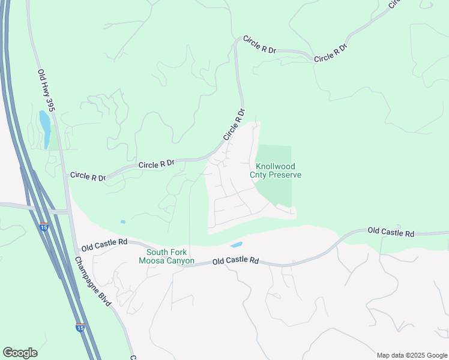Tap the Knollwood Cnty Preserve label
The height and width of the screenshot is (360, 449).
pyautogui.click(x=276, y=170)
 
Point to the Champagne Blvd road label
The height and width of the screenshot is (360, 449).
pyautogui.click(x=92, y=281)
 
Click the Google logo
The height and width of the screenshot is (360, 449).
pyautogui.click(x=20, y=353)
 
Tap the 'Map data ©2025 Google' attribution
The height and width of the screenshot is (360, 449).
pyautogui.click(x=412, y=355)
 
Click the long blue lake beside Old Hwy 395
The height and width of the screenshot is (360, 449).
pyautogui.click(x=45, y=128)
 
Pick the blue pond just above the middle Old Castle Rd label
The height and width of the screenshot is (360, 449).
pyautogui.click(x=237, y=245)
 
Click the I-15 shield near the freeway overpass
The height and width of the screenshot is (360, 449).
pyautogui.click(x=45, y=227)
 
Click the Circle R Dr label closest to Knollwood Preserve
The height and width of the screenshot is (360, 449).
pyautogui.click(x=235, y=124)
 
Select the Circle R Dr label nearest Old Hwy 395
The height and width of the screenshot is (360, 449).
pyautogui.click(x=88, y=176)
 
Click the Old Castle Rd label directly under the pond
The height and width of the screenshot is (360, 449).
pyautogui.click(x=236, y=261)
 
